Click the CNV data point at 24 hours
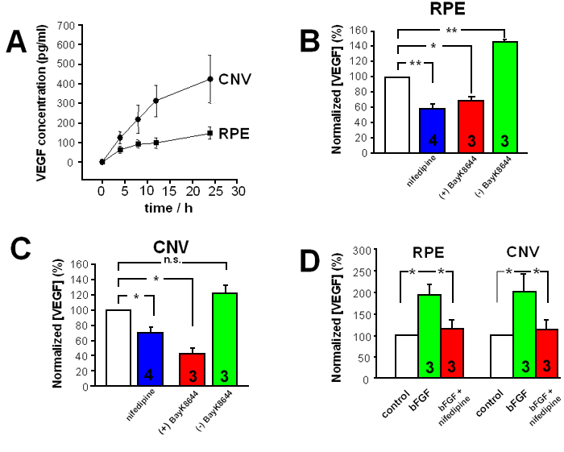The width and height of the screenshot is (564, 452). click(209, 79)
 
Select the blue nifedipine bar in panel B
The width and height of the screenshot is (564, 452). click(432, 131)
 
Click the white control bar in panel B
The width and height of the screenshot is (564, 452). click(397, 115)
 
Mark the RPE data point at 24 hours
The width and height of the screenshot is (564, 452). click(209, 133)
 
